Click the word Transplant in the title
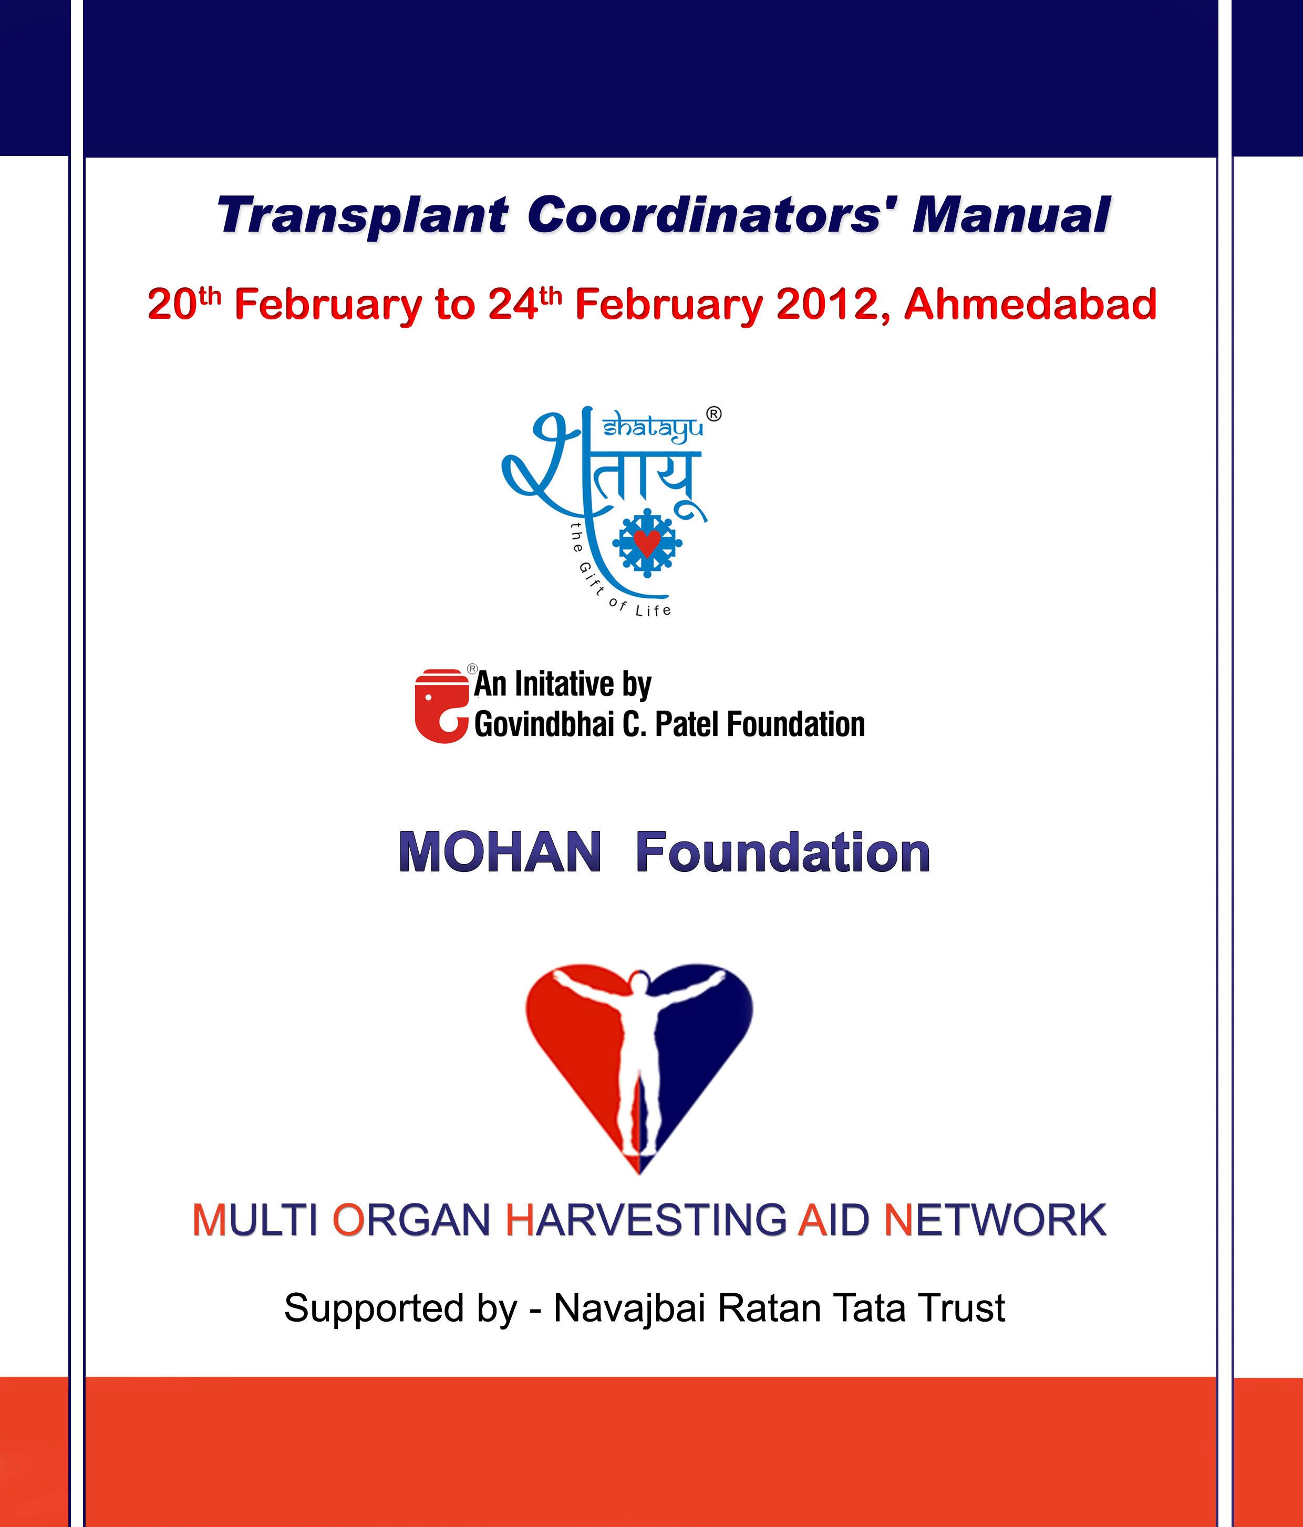(363, 216)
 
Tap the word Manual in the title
(1011, 215)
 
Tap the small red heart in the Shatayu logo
(647, 543)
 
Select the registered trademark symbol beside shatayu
(714, 414)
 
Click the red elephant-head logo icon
(441, 705)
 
